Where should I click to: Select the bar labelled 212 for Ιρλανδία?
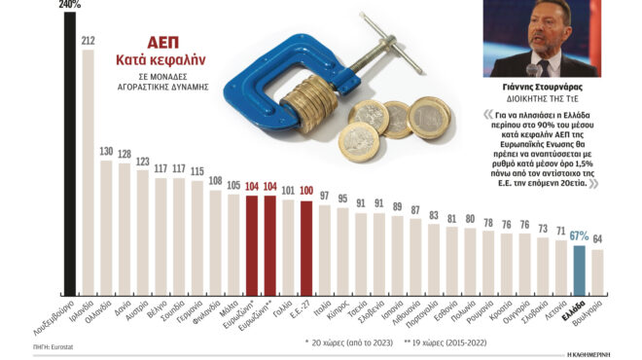click(88, 175)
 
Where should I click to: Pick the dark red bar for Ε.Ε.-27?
click(306, 247)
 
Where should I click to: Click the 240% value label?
click(70, 5)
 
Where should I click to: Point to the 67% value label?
click(580, 235)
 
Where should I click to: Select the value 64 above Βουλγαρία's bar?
click(597, 239)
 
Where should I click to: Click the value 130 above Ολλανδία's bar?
click(106, 151)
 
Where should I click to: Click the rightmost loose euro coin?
click(429, 117)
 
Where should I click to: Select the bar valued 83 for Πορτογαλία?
click(434, 259)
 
